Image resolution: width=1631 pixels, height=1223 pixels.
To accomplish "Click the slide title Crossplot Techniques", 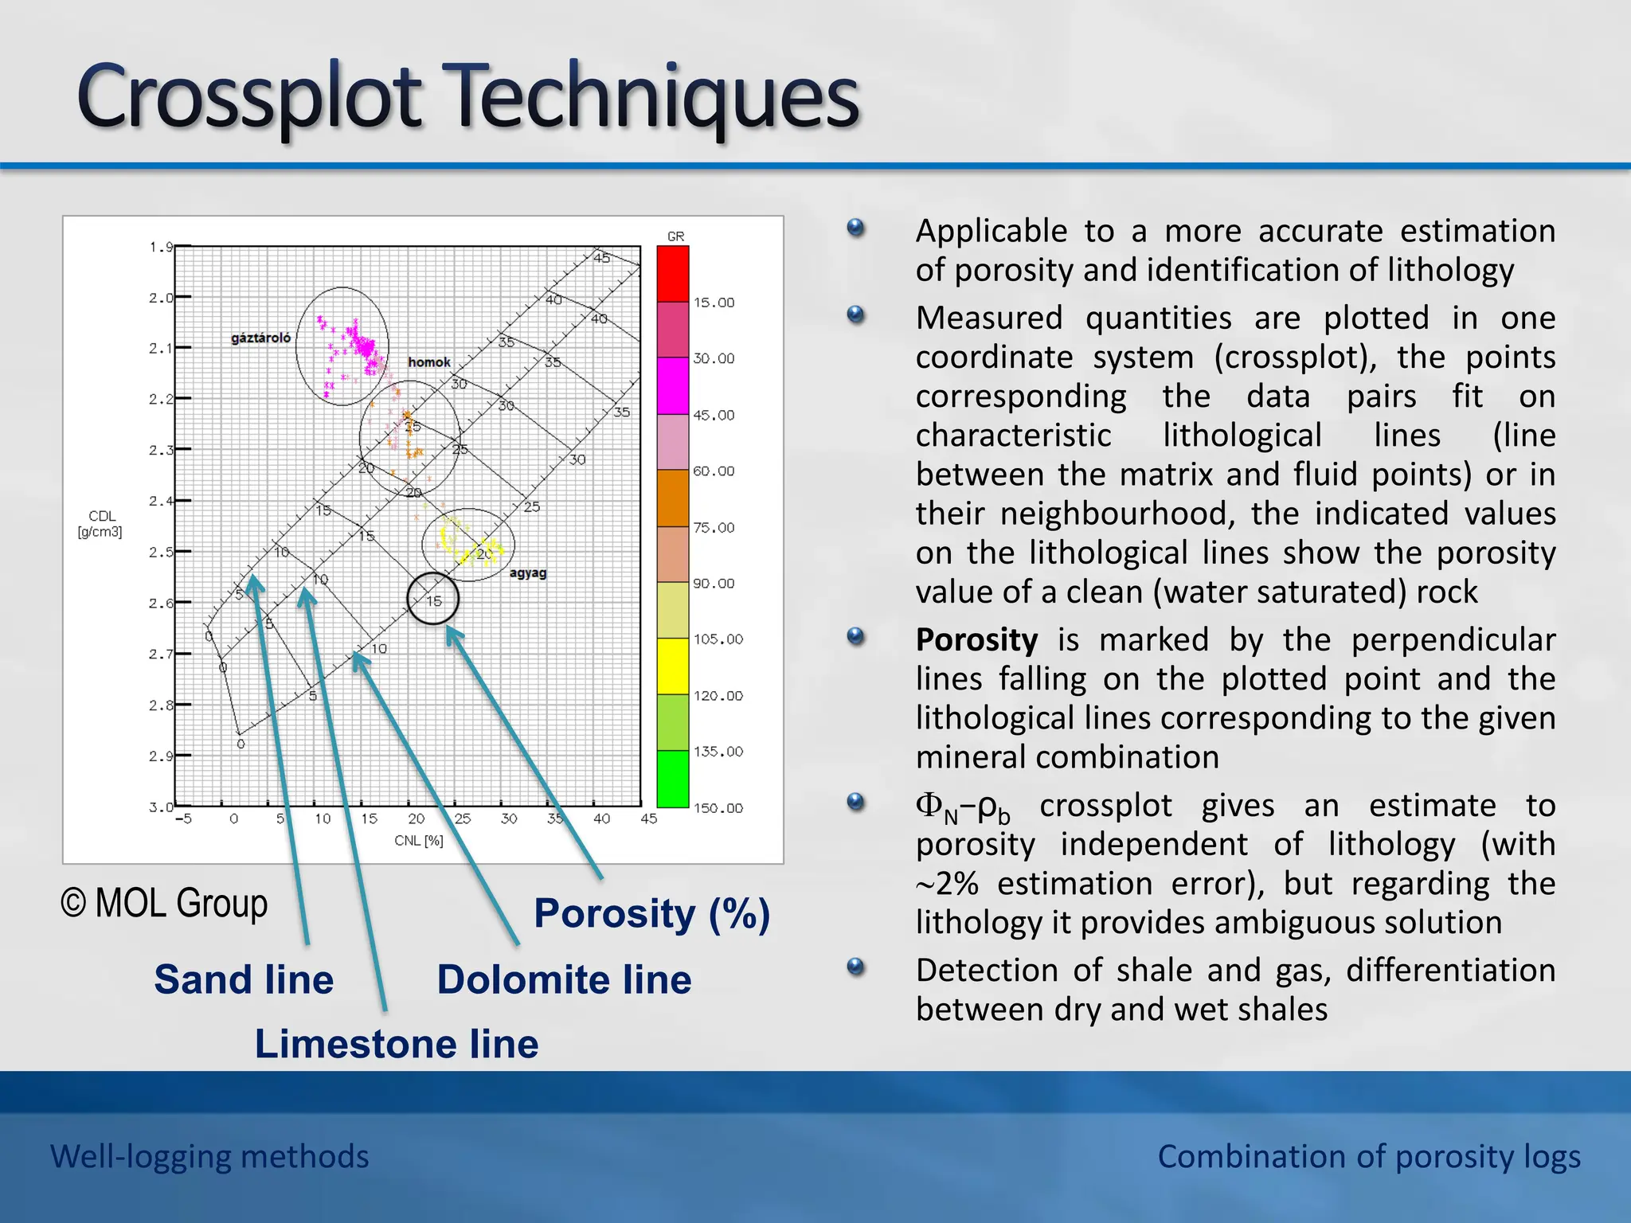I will (468, 97).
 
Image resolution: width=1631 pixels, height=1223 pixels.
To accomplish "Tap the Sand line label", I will (244, 979).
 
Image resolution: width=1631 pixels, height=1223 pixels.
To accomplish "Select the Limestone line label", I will (397, 1044).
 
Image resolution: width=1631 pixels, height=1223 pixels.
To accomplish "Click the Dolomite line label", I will (564, 979).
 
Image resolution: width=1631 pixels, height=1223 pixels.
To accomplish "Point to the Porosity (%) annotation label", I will (651, 913).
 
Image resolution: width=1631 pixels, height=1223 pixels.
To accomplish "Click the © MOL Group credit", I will (164, 903).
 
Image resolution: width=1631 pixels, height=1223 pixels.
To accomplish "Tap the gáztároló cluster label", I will (260, 338).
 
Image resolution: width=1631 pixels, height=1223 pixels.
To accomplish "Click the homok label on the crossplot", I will (429, 362).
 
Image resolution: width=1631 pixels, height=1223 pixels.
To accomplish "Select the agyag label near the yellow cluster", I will (527, 572).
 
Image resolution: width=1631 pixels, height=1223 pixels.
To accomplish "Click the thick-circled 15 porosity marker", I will (433, 600).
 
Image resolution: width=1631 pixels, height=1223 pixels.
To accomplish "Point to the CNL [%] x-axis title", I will (419, 840).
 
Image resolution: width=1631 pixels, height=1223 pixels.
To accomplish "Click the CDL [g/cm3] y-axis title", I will (100, 524).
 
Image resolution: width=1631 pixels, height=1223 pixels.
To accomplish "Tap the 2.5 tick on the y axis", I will (161, 552).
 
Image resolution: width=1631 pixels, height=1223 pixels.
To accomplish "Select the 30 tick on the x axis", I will (509, 819).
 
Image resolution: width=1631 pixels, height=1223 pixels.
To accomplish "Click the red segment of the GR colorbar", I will (672, 274).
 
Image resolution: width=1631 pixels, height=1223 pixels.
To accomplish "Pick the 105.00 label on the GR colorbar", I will (718, 639).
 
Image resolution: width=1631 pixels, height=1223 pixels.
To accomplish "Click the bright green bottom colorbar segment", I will (672, 779).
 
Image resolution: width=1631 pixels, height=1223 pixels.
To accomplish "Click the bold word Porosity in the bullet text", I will (976, 640).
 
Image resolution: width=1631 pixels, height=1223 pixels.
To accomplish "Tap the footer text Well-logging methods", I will (209, 1156).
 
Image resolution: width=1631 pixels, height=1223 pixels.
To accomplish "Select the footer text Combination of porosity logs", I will (1368, 1156).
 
